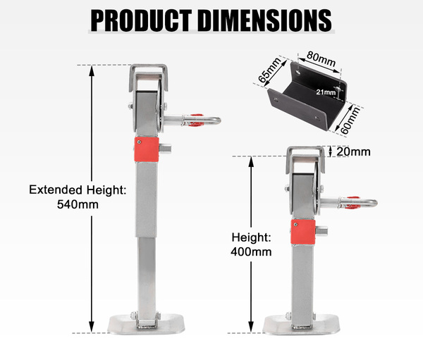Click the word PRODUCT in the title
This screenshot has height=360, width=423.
(141, 20)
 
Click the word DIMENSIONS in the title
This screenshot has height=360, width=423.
(266, 20)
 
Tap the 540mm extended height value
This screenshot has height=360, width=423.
(78, 204)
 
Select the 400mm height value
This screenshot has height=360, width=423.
(251, 252)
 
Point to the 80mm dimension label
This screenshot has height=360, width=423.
(321, 59)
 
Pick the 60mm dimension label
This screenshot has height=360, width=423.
(350, 120)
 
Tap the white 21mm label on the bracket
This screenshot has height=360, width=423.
(326, 92)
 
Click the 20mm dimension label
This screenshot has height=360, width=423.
(353, 152)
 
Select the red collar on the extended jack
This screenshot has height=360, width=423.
(147, 149)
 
